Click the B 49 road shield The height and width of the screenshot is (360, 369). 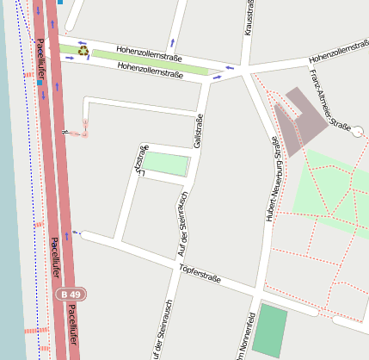[70, 295]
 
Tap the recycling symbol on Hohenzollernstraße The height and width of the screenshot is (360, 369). [83, 50]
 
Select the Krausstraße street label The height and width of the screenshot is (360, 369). [249, 17]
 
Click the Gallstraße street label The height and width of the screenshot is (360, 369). [199, 131]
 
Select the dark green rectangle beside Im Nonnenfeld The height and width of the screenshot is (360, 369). [272, 332]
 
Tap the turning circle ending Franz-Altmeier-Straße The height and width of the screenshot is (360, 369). [358, 131]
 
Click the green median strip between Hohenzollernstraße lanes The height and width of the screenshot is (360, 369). [150, 61]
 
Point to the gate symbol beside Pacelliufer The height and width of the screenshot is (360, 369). [65, 132]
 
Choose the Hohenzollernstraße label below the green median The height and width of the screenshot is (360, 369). [151, 71]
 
